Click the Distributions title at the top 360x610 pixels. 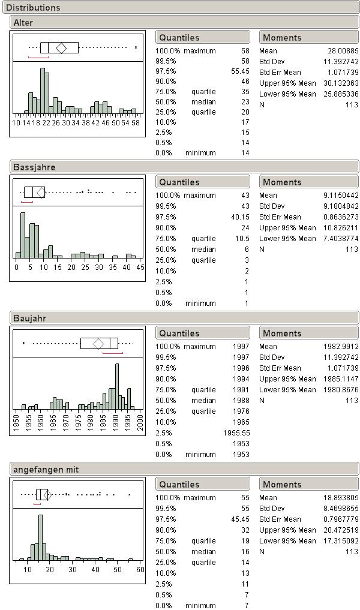(33, 7)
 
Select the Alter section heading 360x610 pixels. (23, 23)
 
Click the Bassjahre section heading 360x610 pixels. (34, 167)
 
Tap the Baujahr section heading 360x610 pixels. (29, 318)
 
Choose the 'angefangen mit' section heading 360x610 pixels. (46, 470)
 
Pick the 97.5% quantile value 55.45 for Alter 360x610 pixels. (240, 71)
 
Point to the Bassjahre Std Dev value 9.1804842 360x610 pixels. (341, 206)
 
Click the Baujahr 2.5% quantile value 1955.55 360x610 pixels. (236, 433)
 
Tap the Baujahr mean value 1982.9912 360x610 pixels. (341, 347)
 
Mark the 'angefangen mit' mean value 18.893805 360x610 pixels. (341, 498)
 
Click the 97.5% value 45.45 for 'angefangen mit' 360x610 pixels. (240, 519)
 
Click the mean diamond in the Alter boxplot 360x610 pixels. (61, 48)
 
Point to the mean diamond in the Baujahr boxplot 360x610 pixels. (98, 344)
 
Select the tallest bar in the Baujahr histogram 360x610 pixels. (117, 386)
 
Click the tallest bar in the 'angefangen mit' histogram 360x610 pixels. (40, 537)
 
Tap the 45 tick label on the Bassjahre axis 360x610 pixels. (140, 268)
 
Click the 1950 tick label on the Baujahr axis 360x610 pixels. (16, 422)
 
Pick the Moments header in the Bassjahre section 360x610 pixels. (282, 182)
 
